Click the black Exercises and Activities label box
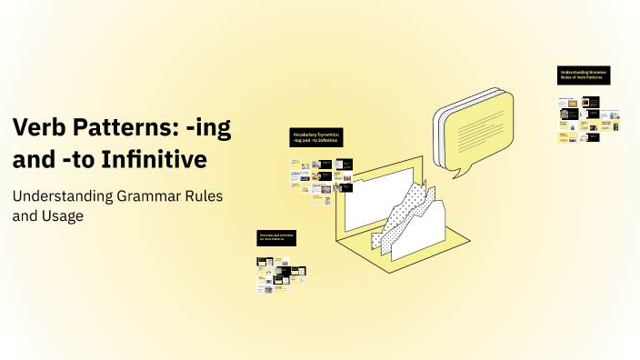point(275,237)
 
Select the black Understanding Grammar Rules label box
point(584,75)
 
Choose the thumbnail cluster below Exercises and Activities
point(280,275)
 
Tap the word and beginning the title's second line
point(32,160)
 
